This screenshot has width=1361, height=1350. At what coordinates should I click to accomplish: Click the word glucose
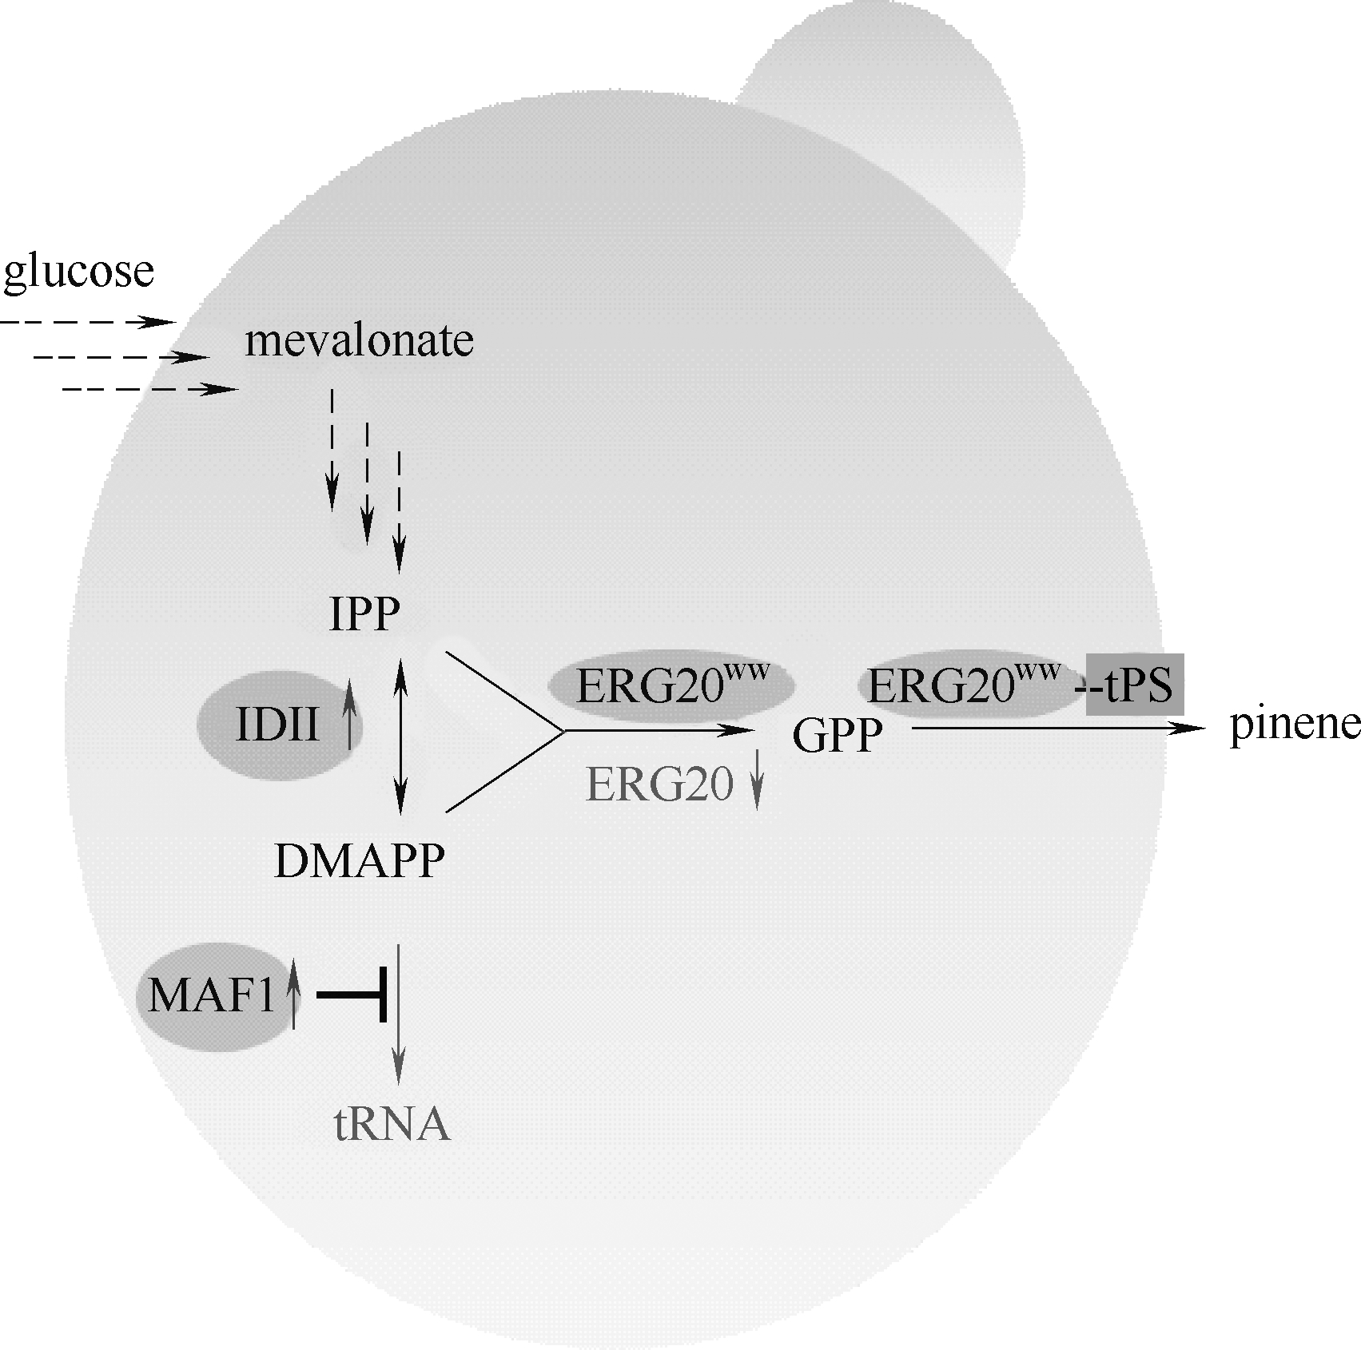(x=78, y=272)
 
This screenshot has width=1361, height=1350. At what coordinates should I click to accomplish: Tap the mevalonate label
(x=359, y=341)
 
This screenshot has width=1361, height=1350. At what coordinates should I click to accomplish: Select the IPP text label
(x=364, y=614)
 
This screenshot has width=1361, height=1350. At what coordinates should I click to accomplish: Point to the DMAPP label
(x=359, y=862)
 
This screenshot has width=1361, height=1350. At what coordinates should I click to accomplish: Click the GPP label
(x=837, y=735)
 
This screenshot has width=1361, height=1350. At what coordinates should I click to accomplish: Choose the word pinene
(x=1293, y=726)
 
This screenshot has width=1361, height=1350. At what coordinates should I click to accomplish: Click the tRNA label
(x=391, y=1125)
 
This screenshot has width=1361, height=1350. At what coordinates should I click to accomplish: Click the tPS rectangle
(x=1134, y=685)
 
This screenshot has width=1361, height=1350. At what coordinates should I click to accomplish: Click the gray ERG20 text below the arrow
(x=659, y=785)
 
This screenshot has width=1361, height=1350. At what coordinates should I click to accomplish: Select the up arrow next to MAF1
(x=293, y=995)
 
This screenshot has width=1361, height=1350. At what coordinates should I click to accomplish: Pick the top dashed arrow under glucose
(x=88, y=323)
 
